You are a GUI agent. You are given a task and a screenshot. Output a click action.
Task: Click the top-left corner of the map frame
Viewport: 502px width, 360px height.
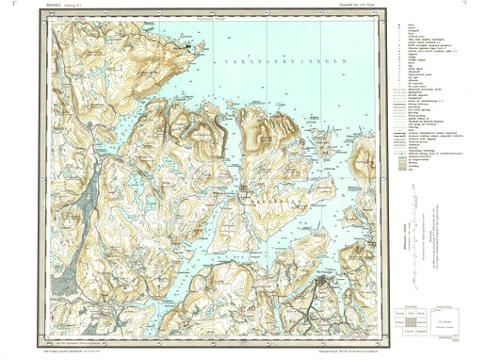pyautogui.click(x=50, y=14)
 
